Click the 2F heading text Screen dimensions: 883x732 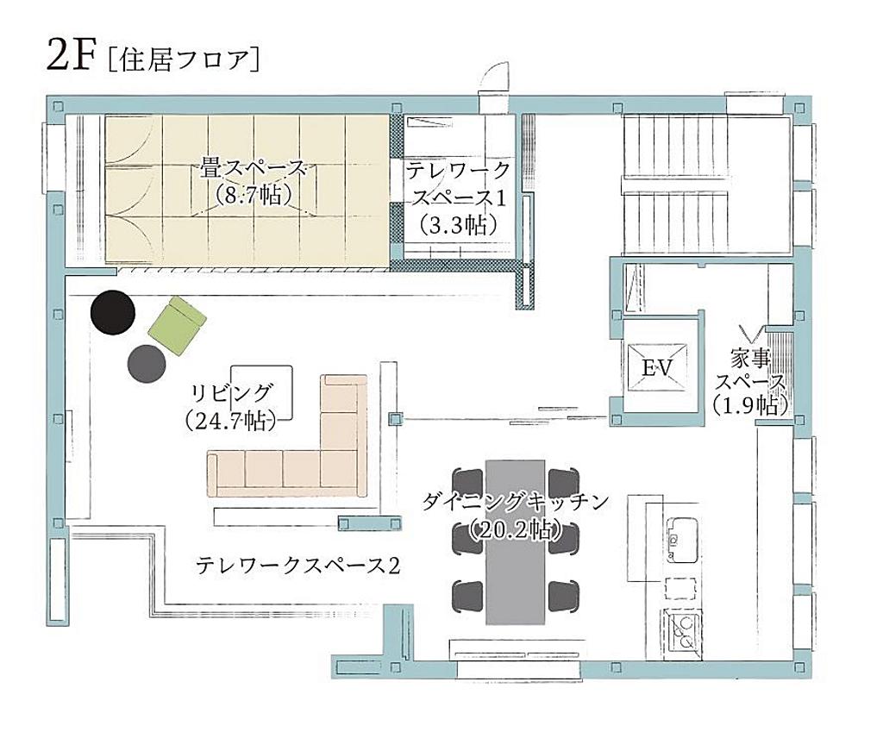(69, 56)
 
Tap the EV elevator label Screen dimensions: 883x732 (658, 368)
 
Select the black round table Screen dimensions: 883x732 (113, 312)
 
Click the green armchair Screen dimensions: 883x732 (178, 327)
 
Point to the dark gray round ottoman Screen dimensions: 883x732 (147, 364)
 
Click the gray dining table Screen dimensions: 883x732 (516, 541)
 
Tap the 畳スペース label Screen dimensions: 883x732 (253, 169)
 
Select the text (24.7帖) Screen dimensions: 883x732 (230, 421)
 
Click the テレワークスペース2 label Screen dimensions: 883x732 (298, 565)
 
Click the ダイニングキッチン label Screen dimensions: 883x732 (516, 501)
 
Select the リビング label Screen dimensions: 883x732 (232, 393)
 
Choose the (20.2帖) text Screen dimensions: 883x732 (517, 529)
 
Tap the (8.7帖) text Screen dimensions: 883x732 (254, 195)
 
